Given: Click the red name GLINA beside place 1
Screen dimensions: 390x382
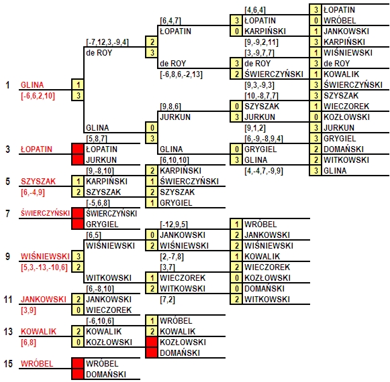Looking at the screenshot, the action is coord(32,85).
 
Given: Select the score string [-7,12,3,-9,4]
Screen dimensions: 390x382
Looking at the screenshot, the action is coord(107,42).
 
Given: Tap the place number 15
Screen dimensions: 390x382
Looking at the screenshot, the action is coord(8,364).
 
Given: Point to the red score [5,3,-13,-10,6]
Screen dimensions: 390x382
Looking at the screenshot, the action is coord(44,267).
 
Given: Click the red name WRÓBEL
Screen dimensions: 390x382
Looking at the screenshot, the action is coord(37,364).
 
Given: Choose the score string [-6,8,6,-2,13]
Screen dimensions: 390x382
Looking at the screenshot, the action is coord(181,74).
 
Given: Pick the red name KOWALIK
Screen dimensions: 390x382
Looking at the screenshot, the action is coord(38,332).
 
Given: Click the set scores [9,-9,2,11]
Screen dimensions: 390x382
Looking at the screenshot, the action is coord(261,42).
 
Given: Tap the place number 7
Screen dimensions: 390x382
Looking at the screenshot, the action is coord(8,213).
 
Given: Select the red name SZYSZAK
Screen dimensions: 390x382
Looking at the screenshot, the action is coord(38,182).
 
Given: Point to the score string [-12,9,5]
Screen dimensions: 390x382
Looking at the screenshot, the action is coord(174,225).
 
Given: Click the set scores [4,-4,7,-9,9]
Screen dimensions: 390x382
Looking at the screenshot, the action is coord(264,171).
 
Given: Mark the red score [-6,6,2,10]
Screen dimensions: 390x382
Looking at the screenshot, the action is coord(38,96).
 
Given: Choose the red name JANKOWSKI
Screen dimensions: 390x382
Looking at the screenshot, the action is coord(44,300).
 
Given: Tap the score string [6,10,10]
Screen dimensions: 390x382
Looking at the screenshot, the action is coord(175,160).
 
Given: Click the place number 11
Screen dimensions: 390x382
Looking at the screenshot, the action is coord(8,300).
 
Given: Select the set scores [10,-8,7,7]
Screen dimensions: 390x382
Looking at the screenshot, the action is coord(261,96).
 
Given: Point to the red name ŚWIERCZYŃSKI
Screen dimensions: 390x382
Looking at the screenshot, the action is coord(45,213).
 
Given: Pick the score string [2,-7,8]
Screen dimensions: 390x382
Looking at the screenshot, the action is coord(172,257).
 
